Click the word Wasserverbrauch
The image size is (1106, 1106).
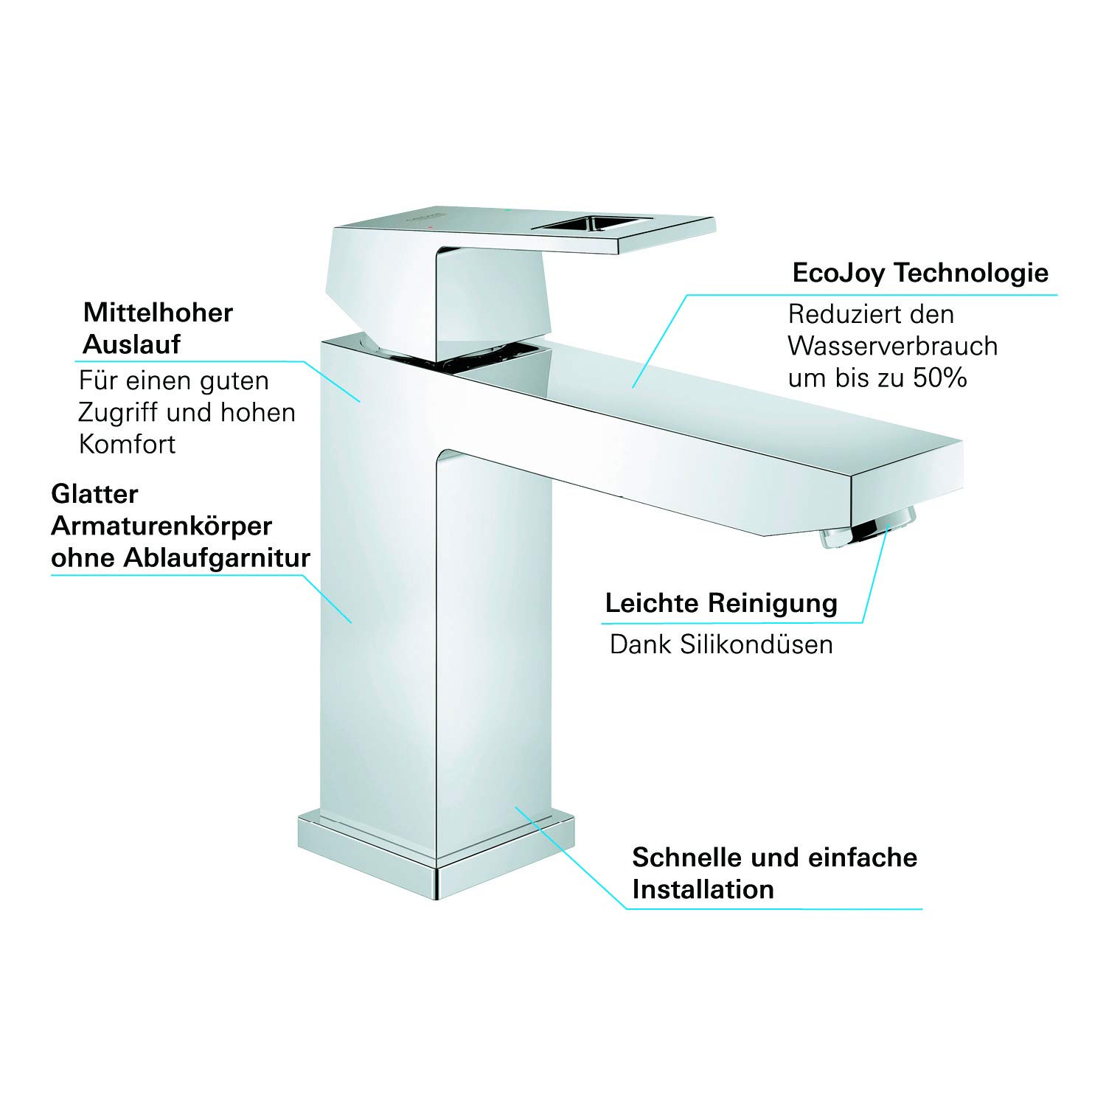click(892, 347)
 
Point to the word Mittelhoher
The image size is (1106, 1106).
click(158, 313)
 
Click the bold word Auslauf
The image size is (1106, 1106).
click(131, 344)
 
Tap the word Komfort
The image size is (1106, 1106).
click(127, 445)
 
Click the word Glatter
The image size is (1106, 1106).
click(94, 494)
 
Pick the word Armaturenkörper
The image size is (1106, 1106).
click(161, 526)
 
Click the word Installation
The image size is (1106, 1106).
click(703, 890)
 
